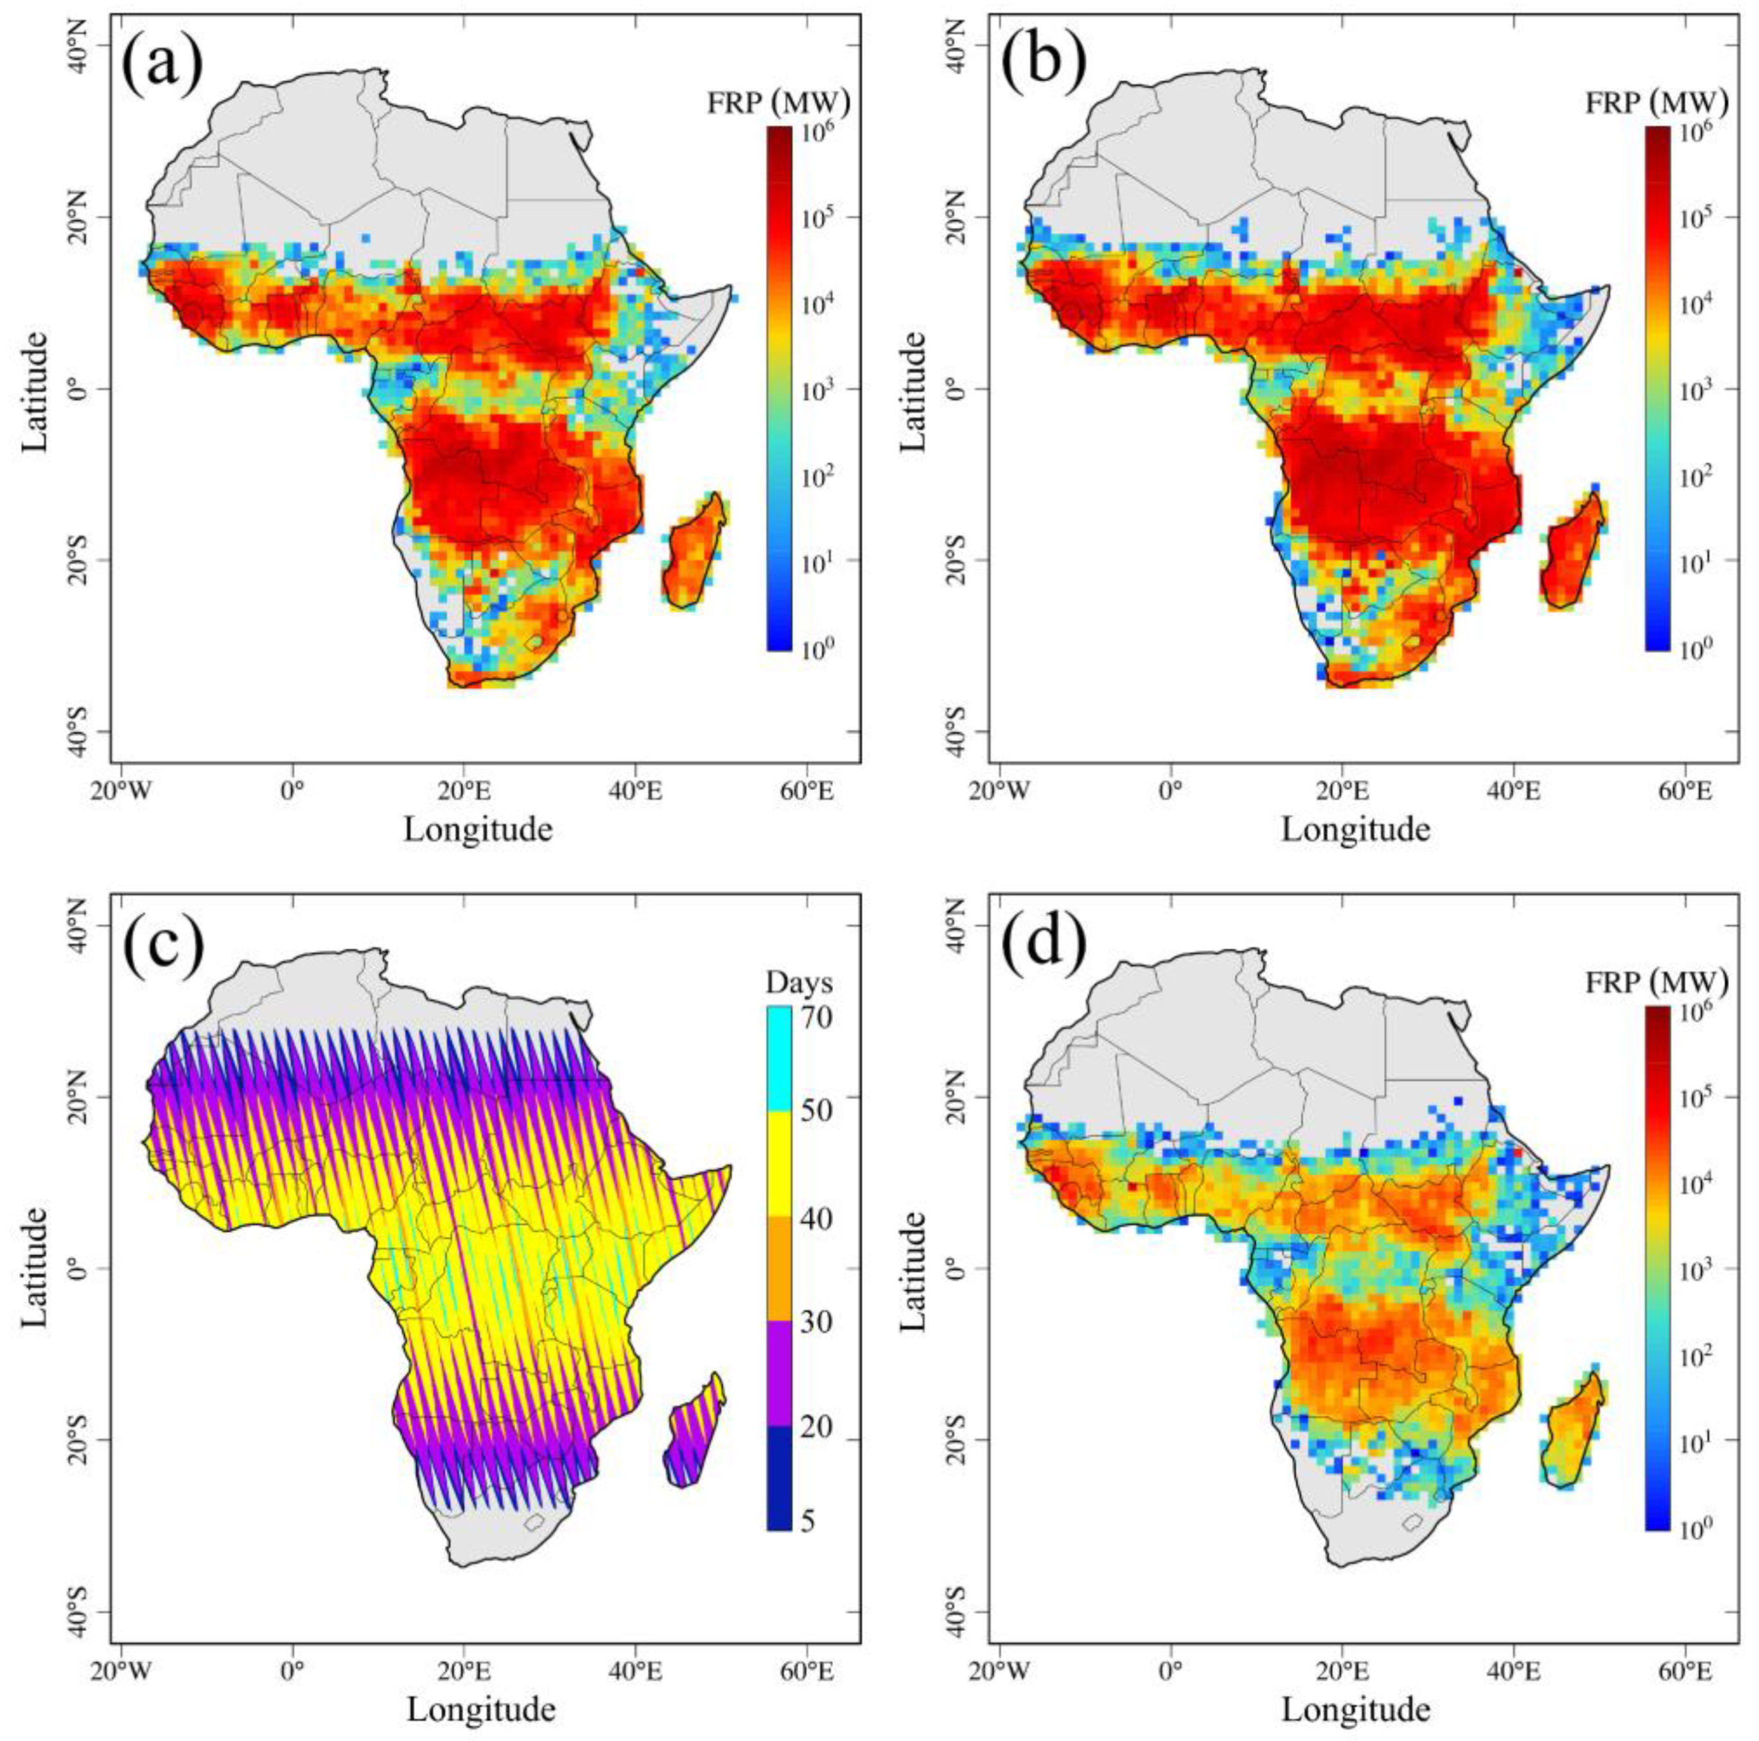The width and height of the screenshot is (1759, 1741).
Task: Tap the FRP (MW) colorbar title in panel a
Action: (778, 105)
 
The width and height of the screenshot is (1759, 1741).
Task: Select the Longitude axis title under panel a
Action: (478, 829)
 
